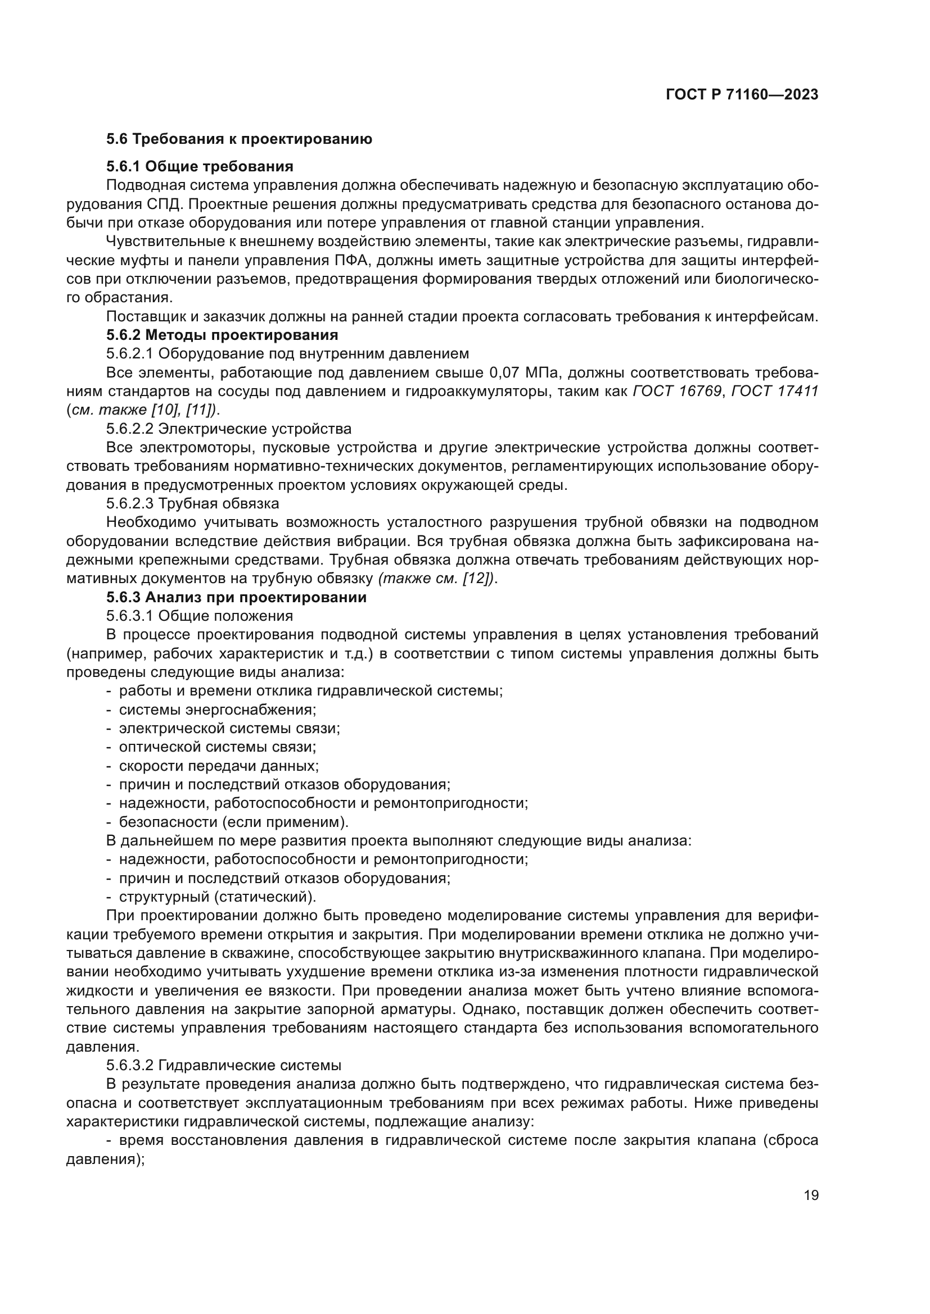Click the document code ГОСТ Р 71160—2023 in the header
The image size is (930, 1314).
(742, 95)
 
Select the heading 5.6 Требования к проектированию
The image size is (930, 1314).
(239, 139)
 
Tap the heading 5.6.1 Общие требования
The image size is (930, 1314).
(200, 166)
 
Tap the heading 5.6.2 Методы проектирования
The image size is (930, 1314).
(222, 335)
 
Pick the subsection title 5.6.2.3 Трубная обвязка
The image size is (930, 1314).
(193, 503)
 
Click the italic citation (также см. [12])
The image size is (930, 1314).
(436, 579)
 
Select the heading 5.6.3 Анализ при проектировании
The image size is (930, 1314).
(237, 598)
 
